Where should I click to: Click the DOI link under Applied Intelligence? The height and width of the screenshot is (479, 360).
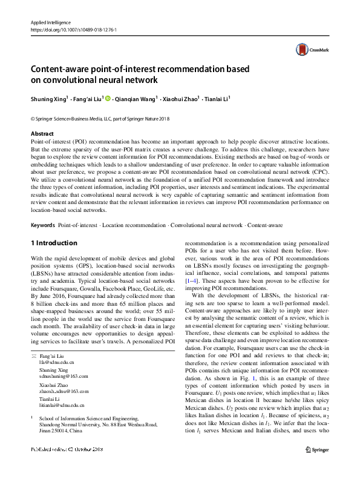point(73,29)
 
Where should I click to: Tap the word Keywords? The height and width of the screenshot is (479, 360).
point(42,225)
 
